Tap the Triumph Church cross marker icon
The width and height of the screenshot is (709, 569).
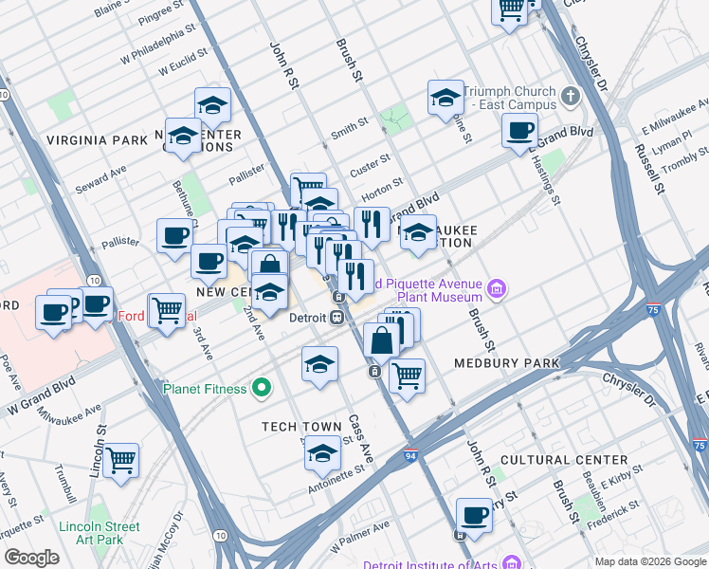click(x=571, y=96)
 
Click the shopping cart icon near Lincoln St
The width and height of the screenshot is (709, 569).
click(x=120, y=460)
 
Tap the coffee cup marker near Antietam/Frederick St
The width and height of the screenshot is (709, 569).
click(x=474, y=515)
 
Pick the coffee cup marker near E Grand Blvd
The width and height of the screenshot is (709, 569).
click(x=519, y=130)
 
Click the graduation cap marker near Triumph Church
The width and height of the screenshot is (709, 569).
click(x=445, y=98)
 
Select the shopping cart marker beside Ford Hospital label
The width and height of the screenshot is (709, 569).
click(x=168, y=308)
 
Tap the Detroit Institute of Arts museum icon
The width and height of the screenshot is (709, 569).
click(x=512, y=563)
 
